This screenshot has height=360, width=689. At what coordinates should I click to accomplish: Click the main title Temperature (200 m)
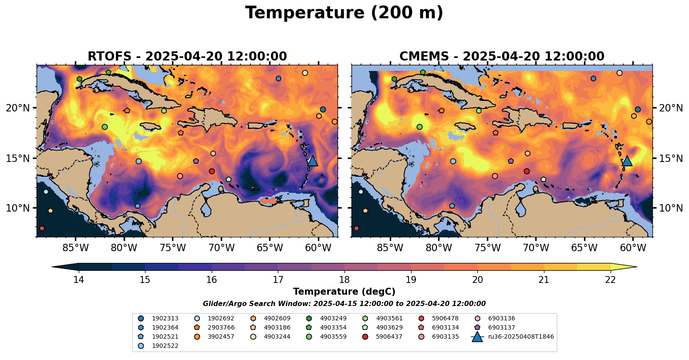[x=344, y=13]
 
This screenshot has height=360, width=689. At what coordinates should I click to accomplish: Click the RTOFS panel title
[x=187, y=57]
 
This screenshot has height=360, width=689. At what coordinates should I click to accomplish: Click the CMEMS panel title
[x=502, y=57]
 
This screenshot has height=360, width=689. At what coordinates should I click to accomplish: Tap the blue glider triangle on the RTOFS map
[x=312, y=161]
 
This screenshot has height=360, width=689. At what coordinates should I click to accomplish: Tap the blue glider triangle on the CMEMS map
[x=627, y=161]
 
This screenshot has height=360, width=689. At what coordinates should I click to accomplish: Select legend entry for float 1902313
[x=165, y=319]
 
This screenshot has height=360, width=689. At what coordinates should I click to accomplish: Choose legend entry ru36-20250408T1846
[x=521, y=336]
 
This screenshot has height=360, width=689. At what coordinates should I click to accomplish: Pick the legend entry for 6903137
[x=501, y=327]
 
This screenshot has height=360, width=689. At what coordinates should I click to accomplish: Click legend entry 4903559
[x=333, y=336]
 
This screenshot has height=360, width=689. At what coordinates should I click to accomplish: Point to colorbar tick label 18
[x=344, y=279]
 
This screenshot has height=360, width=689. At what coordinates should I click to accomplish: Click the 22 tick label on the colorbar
[x=611, y=279]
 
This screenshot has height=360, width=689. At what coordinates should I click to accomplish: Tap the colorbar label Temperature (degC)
[x=344, y=292]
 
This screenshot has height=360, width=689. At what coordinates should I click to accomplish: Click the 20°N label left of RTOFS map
[x=18, y=108]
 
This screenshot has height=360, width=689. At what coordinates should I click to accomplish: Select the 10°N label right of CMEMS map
[x=671, y=208]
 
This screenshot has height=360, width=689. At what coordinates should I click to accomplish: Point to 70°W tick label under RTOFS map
[x=221, y=248]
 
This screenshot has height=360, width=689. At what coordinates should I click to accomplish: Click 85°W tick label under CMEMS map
[x=390, y=248]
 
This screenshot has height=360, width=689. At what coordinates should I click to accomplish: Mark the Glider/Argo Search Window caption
[x=344, y=304]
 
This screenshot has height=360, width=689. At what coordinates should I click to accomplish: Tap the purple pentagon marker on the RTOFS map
[x=196, y=161]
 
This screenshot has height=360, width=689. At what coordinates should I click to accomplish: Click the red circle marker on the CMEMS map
[x=527, y=171]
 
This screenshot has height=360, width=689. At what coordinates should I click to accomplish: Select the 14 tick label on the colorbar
[x=78, y=279]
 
